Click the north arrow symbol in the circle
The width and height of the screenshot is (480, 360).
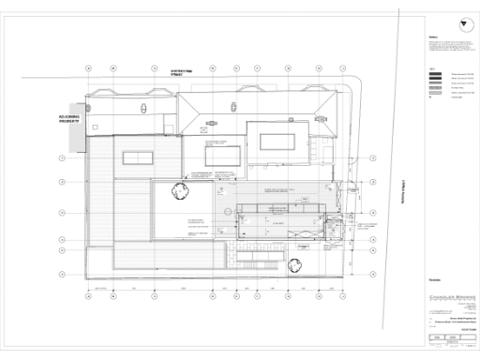(462, 24)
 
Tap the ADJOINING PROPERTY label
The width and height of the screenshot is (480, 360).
(70, 119)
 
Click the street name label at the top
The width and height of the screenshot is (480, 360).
(172, 71)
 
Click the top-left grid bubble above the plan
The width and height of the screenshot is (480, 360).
(87, 67)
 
